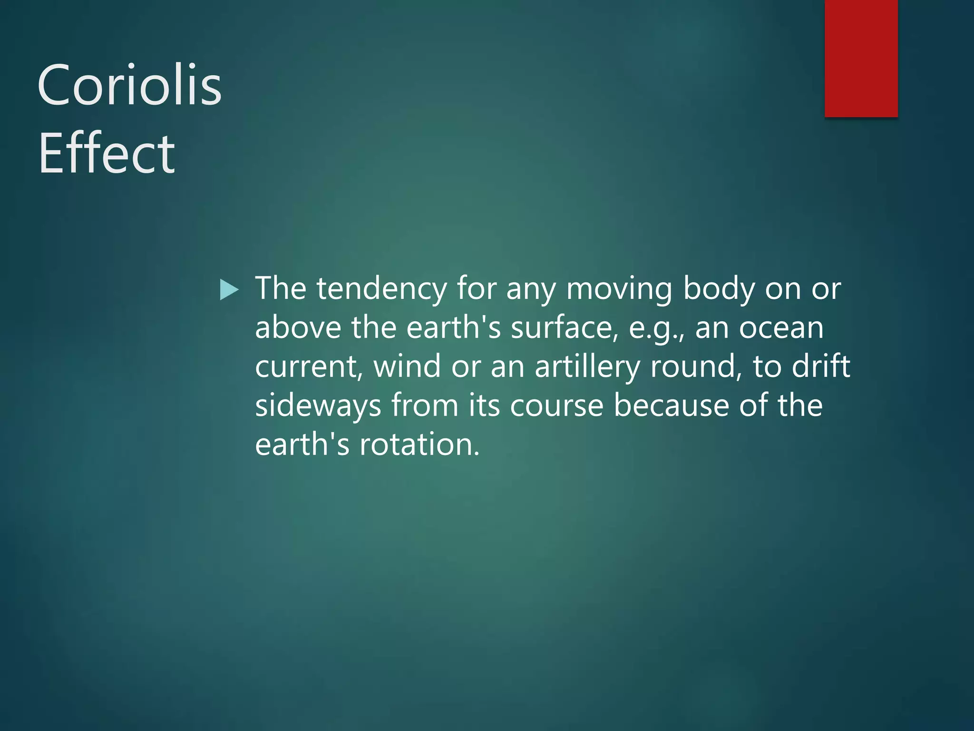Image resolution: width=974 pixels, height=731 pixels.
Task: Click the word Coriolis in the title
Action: pyautogui.click(x=129, y=86)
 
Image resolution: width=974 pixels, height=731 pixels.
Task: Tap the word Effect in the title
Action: pyautogui.click(x=107, y=154)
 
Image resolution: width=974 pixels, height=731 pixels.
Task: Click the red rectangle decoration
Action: pyautogui.click(x=861, y=58)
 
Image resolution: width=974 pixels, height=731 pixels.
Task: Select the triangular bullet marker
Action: pyautogui.click(x=229, y=290)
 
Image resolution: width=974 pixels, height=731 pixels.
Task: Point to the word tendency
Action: pyautogui.click(x=381, y=289)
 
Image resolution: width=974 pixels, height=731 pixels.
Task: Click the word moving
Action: pyautogui.click(x=619, y=290)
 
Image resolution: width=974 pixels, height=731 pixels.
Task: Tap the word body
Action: pyautogui.click(x=719, y=289)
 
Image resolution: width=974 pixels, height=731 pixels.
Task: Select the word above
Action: pyautogui.click(x=298, y=328)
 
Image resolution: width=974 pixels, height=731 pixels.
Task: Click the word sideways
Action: pyautogui.click(x=318, y=406)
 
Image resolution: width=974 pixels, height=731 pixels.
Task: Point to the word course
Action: pyautogui.click(x=556, y=406)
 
